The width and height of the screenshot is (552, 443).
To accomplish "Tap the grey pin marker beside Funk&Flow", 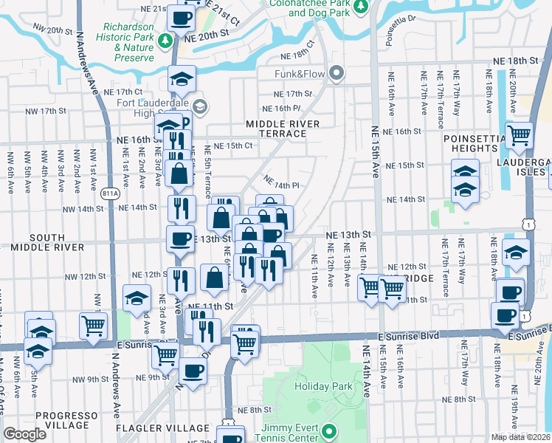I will coord(337,72).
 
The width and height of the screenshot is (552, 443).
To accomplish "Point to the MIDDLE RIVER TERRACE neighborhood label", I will coord(276,128).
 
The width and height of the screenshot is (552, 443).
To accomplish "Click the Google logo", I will coord(24,434).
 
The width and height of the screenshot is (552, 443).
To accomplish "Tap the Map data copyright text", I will coord(520,437).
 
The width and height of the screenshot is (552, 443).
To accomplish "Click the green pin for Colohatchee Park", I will coord(360,7).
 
